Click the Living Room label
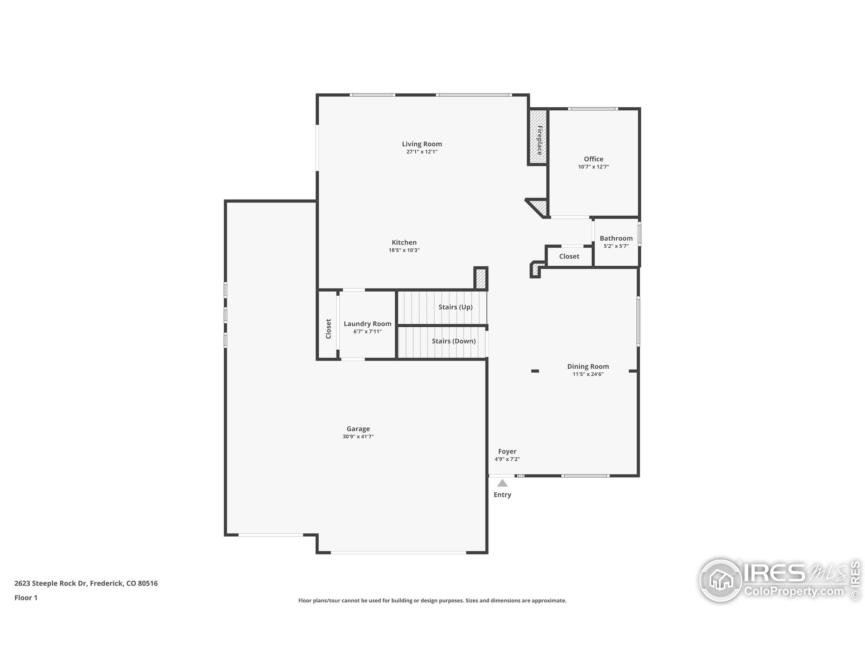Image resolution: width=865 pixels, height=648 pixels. pyautogui.click(x=422, y=144)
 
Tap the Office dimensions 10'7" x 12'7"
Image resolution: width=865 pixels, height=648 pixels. pyautogui.click(x=593, y=167)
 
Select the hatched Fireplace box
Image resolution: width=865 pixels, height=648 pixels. pyautogui.click(x=538, y=137)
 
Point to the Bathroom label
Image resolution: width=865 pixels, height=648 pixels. pyautogui.click(x=616, y=238)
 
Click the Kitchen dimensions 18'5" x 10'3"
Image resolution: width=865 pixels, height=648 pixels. pyautogui.click(x=404, y=250)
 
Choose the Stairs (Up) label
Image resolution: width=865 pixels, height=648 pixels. pyautogui.click(x=455, y=307)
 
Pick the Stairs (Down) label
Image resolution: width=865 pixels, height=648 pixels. pyautogui.click(x=453, y=341)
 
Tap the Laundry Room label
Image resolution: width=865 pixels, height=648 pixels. pyautogui.click(x=367, y=324)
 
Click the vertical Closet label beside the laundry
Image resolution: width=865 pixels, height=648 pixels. pyautogui.click(x=328, y=329)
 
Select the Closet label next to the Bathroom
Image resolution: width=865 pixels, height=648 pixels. pyautogui.click(x=569, y=256)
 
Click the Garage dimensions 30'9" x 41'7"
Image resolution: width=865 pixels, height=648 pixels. pyautogui.click(x=358, y=437)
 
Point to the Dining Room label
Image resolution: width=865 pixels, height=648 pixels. pyautogui.click(x=588, y=367)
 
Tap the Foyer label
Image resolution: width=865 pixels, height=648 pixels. pyautogui.click(x=507, y=452)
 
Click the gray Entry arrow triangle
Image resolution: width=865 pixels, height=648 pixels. pyautogui.click(x=502, y=484)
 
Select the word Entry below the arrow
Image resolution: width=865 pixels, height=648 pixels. pyautogui.click(x=502, y=495)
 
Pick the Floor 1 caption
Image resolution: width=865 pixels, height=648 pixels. pyautogui.click(x=26, y=598)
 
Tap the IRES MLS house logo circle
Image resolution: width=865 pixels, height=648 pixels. pyautogui.click(x=720, y=580)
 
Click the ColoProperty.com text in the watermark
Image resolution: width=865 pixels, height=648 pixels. pyautogui.click(x=793, y=591)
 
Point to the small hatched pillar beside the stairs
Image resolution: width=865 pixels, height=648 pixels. pyautogui.click(x=480, y=278)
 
